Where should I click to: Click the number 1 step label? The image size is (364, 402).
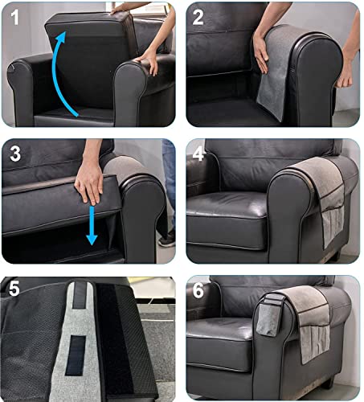[14, 18]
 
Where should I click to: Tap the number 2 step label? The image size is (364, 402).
[198, 18]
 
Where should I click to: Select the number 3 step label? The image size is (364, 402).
[15, 154]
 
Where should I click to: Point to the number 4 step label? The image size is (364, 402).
[198, 154]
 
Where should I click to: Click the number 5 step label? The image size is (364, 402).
[14, 289]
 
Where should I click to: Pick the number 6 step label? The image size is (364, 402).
[198, 290]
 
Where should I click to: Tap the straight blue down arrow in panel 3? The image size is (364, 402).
[92, 225]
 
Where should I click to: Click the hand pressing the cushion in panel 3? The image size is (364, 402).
[89, 183]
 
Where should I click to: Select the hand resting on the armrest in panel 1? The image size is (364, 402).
[148, 62]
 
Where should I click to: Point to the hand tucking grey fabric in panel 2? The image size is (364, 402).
[260, 54]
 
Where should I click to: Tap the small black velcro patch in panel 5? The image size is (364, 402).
[75, 355]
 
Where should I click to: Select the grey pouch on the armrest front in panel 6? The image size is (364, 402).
[268, 316]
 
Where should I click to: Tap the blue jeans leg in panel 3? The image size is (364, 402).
[169, 185]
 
